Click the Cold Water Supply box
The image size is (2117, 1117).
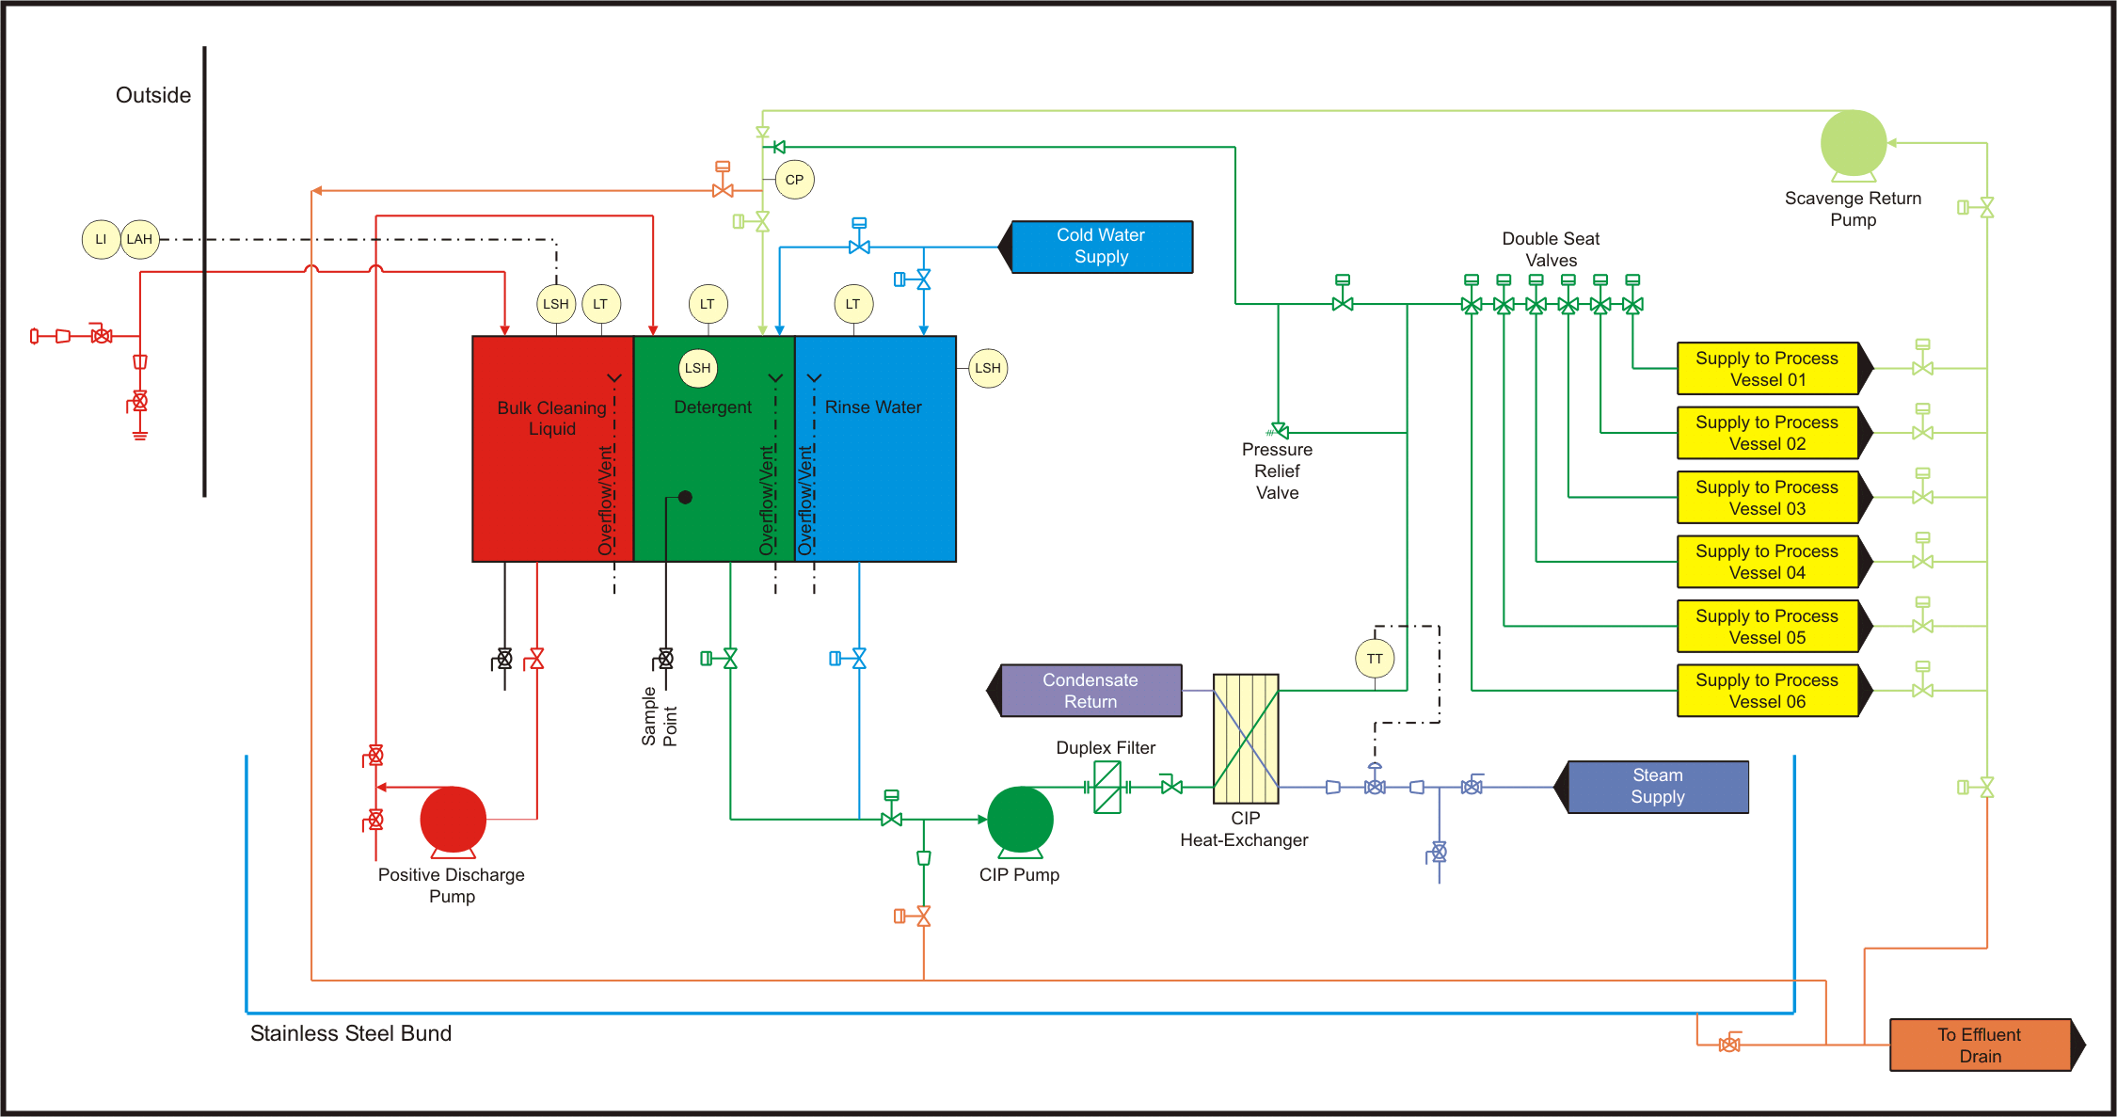1101,247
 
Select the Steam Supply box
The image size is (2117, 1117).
1657,787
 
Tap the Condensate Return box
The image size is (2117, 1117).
1090,691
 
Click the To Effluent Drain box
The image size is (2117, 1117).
1981,1045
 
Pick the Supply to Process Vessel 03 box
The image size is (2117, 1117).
1767,498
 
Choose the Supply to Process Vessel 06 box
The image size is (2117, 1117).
1767,691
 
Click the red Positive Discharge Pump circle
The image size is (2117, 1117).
453,819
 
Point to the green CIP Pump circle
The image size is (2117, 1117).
1020,819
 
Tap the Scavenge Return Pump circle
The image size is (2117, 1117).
1853,143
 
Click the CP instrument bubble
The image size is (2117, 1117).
794,180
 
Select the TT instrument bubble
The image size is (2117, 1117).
1375,659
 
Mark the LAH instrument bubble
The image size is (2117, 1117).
139,239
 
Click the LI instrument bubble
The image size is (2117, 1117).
101,239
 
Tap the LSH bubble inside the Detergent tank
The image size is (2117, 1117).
697,368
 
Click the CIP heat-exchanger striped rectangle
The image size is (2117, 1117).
1246,739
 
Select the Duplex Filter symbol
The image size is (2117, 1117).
1107,787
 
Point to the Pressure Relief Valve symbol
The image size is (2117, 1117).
1279,431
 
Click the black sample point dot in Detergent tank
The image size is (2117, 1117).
685,497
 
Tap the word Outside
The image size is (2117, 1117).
153,95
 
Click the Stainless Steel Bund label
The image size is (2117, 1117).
351,1033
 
